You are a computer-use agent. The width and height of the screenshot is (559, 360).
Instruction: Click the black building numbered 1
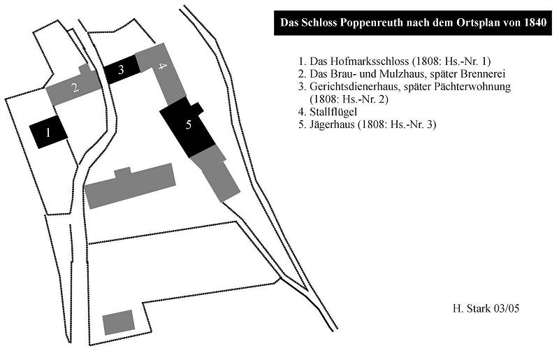[48, 131]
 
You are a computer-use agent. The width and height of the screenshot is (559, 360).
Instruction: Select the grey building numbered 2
[75, 86]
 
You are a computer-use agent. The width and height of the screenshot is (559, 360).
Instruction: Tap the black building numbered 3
[121, 69]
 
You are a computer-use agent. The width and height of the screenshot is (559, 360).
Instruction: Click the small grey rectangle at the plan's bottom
[119, 322]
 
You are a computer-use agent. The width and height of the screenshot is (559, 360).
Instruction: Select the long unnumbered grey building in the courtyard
[131, 186]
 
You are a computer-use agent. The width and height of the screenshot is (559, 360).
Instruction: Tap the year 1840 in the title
[535, 22]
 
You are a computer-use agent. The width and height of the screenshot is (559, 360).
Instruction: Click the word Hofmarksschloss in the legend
[359, 61]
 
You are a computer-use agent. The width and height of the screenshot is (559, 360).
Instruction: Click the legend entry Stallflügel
[333, 112]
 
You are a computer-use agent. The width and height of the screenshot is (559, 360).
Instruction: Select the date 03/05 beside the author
[507, 308]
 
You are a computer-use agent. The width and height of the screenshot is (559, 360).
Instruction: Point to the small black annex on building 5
[196, 108]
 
